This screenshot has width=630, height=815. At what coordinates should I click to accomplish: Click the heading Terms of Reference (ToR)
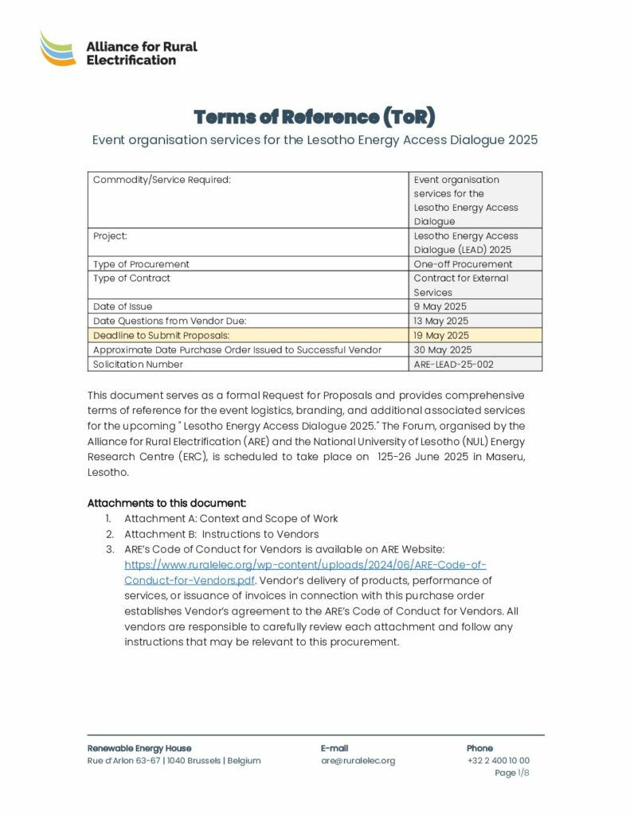pos(315,117)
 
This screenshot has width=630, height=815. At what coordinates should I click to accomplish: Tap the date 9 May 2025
pos(440,306)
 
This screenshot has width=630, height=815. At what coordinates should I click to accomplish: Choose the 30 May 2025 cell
pos(442,349)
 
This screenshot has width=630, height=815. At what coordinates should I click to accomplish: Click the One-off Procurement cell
pos(463,263)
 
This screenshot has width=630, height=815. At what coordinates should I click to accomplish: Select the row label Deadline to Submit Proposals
pos(162,335)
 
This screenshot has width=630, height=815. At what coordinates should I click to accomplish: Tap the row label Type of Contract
pos(131,278)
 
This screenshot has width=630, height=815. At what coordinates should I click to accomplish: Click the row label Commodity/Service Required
pos(162,180)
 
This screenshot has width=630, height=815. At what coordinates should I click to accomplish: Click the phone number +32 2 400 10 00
pos(498,761)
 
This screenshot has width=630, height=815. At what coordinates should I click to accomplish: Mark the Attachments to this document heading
pos(166,503)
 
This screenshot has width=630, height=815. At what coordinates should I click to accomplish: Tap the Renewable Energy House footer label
pos(139,748)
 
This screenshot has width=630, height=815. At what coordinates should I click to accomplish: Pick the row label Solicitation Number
pos(138,364)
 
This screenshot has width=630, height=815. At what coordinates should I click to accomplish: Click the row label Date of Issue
pos(123,306)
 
